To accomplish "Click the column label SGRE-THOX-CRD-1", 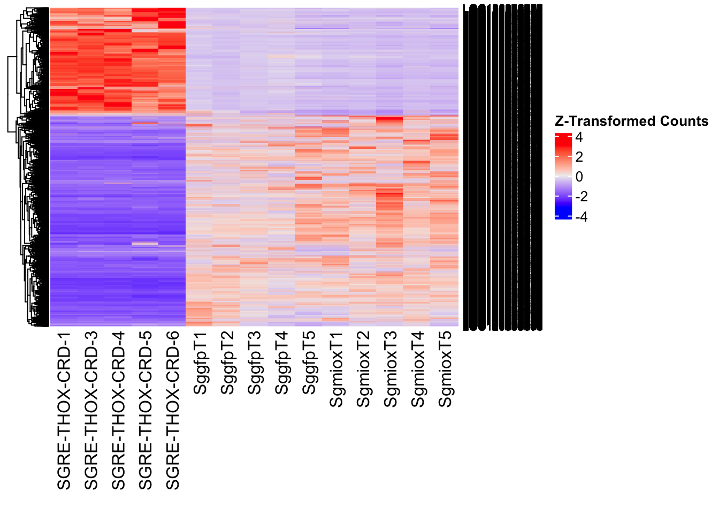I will click(64, 411).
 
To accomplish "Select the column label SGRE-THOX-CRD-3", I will click(91, 411).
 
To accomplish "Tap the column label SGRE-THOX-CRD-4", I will click(118, 411).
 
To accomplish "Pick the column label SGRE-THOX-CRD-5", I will click(146, 411).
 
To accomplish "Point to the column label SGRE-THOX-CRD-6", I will click(173, 411).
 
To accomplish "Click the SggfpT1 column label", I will click(200, 364).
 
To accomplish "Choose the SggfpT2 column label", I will click(227, 364).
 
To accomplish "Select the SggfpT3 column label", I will click(255, 364).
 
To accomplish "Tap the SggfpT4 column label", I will click(282, 364).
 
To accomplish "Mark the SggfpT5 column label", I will click(309, 364).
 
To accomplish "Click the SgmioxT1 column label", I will click(336, 369).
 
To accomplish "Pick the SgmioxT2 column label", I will click(364, 369).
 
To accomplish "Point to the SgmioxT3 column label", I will click(391, 369).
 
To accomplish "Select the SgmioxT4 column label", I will click(418, 369).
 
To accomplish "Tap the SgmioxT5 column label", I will click(446, 369).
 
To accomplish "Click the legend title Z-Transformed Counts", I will click(631, 122).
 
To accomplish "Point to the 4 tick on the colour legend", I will click(579, 138).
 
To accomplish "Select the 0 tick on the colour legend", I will click(579, 177).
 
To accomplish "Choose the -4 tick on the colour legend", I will click(581, 217).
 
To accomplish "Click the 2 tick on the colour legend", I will click(579, 157).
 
